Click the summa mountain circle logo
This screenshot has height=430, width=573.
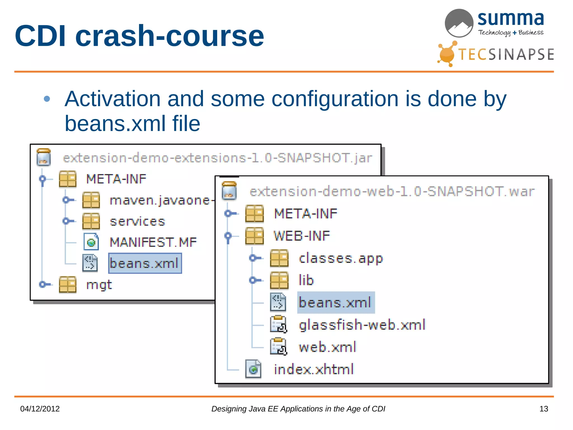459,23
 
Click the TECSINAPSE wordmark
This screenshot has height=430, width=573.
506,54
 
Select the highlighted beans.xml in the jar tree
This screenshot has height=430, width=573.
145,263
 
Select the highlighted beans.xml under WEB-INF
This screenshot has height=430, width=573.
335,303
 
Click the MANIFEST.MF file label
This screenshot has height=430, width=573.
153,242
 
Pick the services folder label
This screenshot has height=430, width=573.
137,221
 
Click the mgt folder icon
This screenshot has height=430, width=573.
68,285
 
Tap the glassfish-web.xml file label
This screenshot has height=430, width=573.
362,325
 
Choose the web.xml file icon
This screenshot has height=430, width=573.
278,347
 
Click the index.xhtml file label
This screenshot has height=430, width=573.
314,369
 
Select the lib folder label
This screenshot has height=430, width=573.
306,280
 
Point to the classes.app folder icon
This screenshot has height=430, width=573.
279,258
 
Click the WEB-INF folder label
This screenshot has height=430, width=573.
302,236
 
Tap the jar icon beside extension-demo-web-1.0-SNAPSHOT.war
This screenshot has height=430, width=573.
229,191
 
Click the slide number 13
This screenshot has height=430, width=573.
543,409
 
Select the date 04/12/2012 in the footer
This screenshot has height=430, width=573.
40,409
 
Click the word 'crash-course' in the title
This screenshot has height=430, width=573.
169,36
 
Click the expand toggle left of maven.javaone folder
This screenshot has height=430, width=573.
67,200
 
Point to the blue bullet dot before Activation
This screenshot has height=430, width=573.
47,99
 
